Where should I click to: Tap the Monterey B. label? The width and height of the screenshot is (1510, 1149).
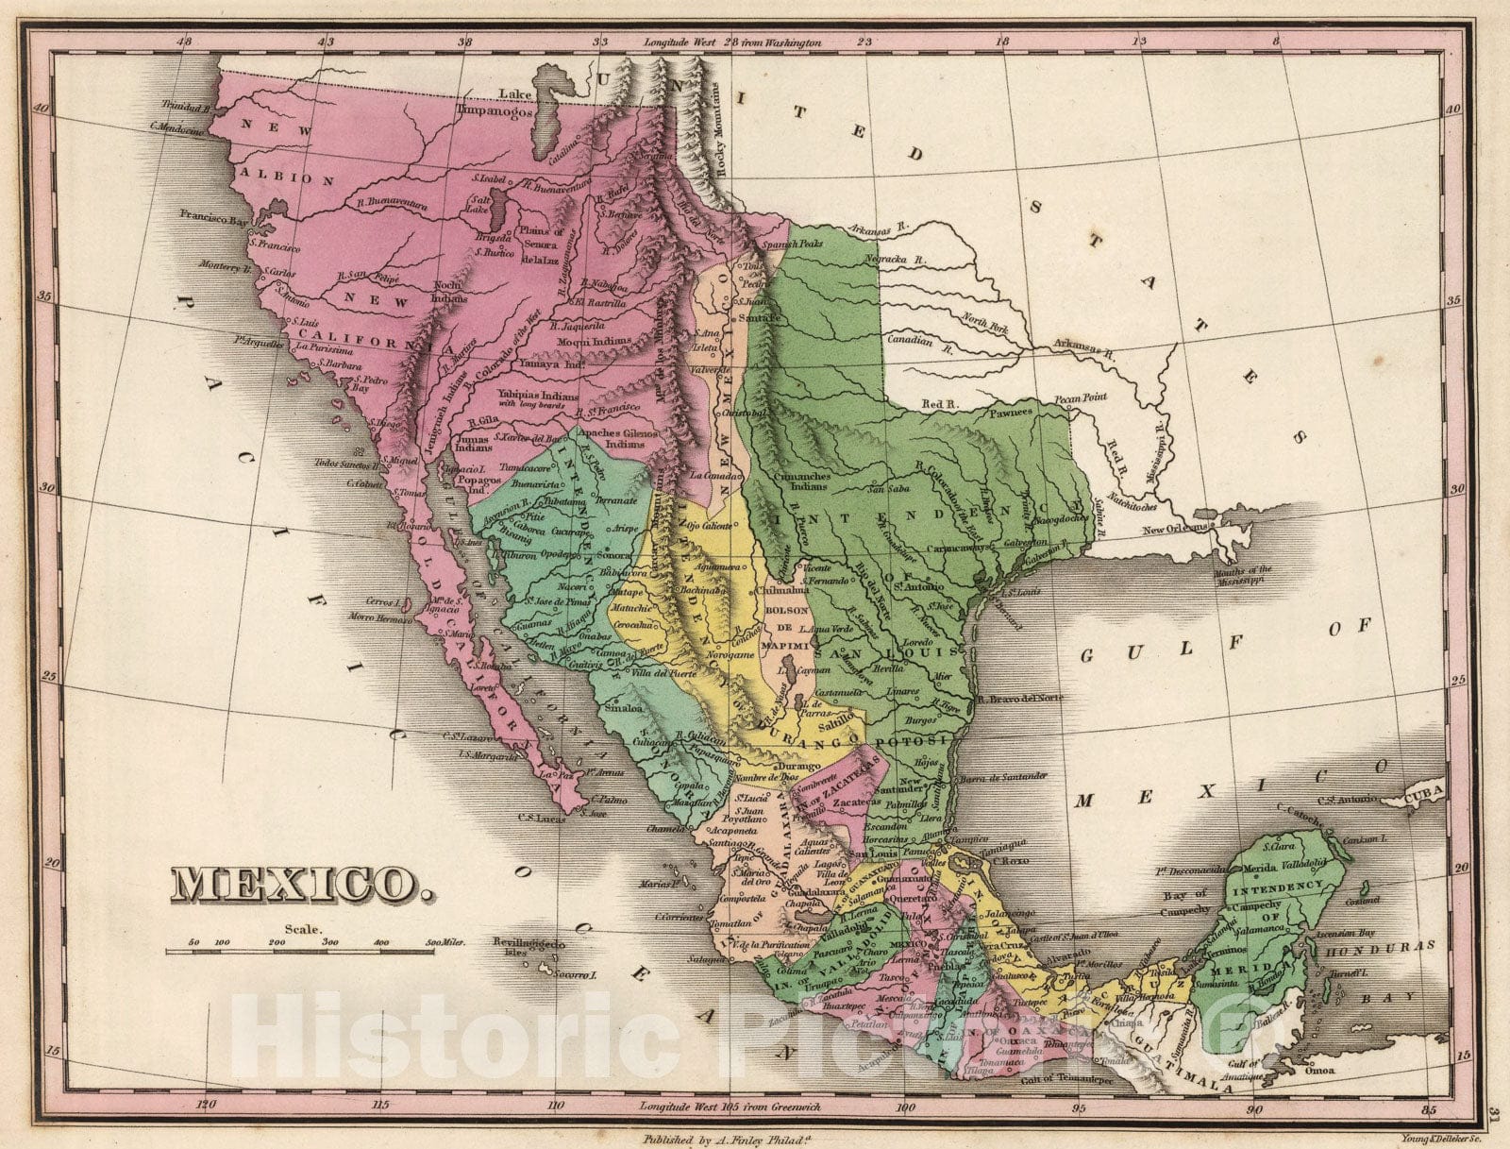225,267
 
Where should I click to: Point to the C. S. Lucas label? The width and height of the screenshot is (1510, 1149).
540,819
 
